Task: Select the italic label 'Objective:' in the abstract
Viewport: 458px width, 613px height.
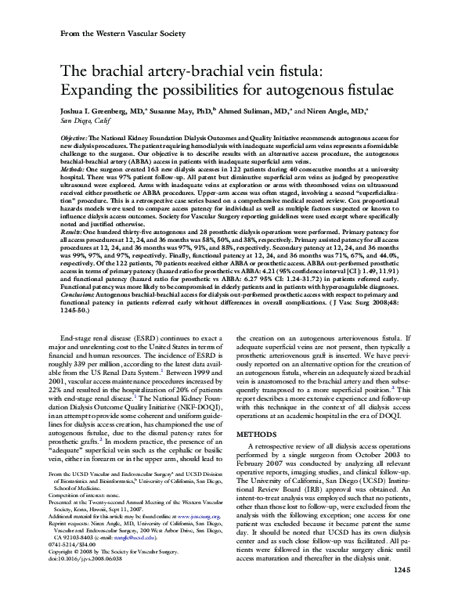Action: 76,136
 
